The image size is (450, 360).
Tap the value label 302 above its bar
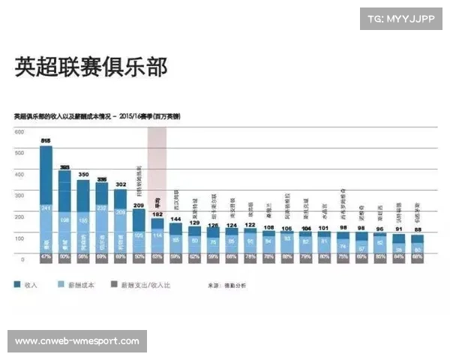[x=120, y=184]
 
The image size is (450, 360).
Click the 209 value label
[x=139, y=204]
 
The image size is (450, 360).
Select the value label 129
[x=194, y=223]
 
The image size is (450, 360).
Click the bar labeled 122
[x=250, y=241]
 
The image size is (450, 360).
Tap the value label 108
[x=268, y=226]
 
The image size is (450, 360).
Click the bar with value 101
[x=324, y=242]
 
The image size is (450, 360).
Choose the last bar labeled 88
[x=417, y=244]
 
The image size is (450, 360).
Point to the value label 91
[x=398, y=229]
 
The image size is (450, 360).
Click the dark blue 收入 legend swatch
[x=17, y=285]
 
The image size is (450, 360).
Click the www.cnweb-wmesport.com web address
[x=77, y=341]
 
